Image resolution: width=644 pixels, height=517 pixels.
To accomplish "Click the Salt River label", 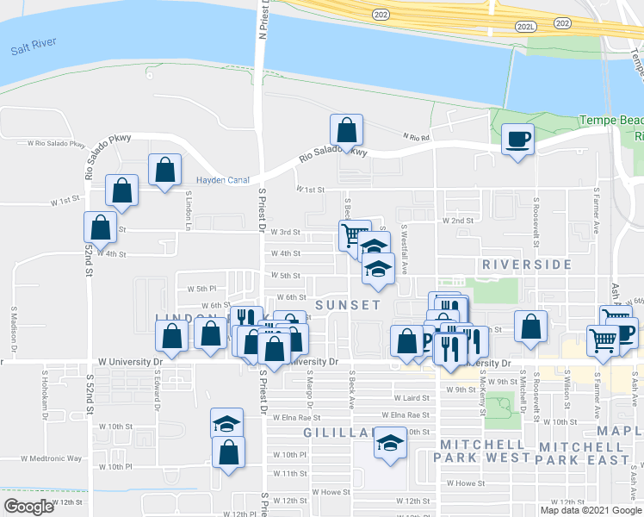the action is [34, 50].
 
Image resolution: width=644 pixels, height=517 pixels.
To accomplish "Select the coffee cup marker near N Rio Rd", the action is [517, 139].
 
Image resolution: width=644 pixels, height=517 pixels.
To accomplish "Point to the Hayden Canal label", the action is [222, 180].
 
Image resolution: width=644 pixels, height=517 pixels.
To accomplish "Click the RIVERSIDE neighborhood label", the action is [527, 264].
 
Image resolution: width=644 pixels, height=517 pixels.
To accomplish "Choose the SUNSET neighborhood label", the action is [348, 305].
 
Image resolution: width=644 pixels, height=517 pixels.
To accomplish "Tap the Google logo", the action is [29, 507].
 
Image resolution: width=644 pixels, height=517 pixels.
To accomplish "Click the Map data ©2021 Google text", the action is [589, 510].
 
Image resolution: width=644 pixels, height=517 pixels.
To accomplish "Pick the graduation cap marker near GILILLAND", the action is [390, 445].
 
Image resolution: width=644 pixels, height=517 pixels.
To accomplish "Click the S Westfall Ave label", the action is [403, 240].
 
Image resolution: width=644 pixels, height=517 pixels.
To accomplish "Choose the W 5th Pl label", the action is [198, 288].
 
